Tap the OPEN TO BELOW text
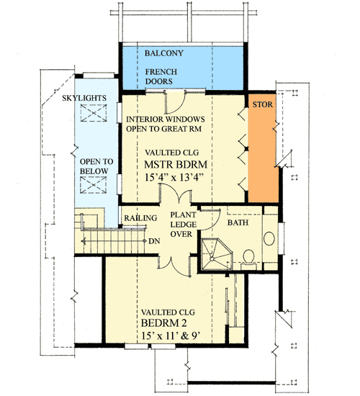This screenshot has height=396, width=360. tap(94, 165)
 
